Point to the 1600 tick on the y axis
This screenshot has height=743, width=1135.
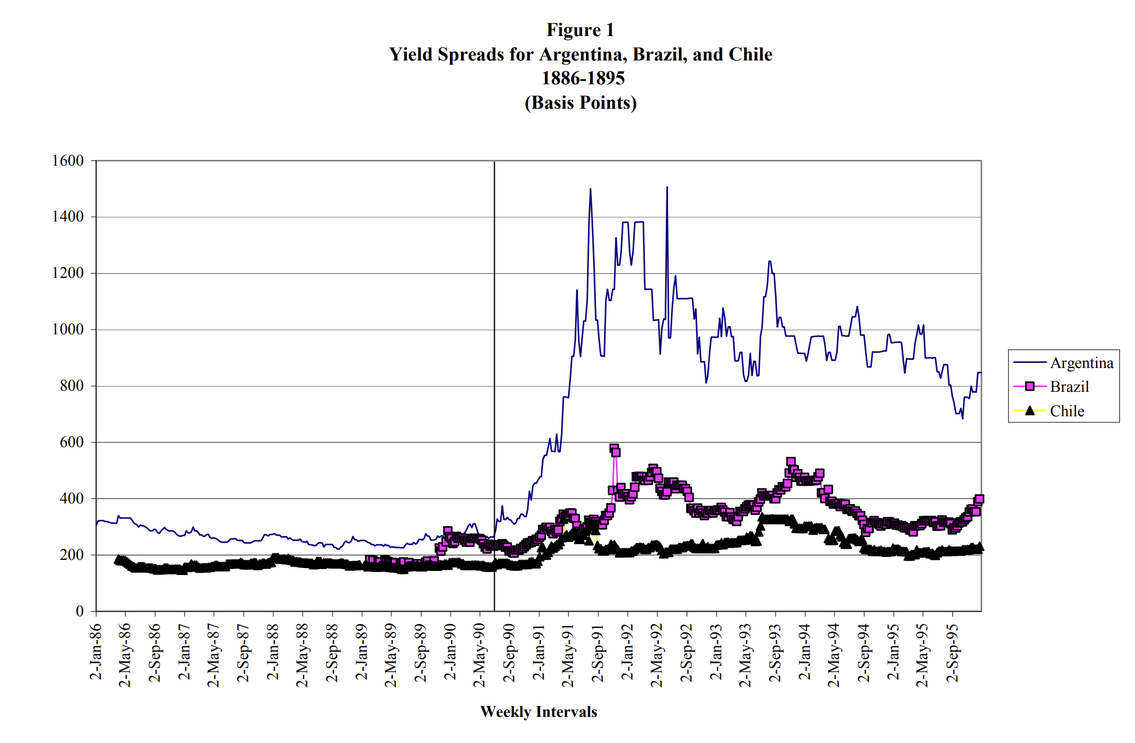pyautogui.click(x=68, y=160)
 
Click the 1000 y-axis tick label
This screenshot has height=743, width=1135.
pyautogui.click(x=68, y=330)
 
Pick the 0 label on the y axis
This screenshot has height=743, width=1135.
pyautogui.click(x=80, y=611)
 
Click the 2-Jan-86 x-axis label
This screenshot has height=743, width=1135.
pyautogui.click(x=96, y=651)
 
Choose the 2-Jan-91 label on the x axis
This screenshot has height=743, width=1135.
pyautogui.click(x=539, y=651)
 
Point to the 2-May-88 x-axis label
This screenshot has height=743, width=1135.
pyautogui.click(x=302, y=655)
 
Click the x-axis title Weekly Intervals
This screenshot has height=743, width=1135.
pyautogui.click(x=538, y=712)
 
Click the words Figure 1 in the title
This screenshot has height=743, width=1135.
pyautogui.click(x=580, y=30)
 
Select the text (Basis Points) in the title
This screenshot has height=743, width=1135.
pyautogui.click(x=580, y=102)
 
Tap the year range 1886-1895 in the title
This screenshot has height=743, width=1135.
pyautogui.click(x=583, y=78)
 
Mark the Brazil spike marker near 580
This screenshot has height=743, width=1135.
pyautogui.click(x=614, y=449)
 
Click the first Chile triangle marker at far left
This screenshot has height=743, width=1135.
pyautogui.click(x=118, y=560)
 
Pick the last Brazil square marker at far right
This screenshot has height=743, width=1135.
pyautogui.click(x=979, y=499)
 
